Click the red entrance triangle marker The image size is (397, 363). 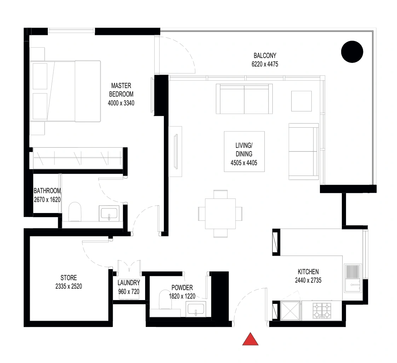click(250, 339)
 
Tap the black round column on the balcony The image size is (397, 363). click(352, 52)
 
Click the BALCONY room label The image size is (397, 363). click(265, 56)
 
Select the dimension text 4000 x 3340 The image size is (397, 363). click(121, 103)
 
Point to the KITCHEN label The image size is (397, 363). click(308, 272)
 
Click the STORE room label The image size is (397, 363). click(69, 278)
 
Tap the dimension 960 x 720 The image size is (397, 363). click(129, 292)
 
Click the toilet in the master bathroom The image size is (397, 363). click(75, 212)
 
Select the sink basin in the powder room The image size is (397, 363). click(196, 309)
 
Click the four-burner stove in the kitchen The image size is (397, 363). click(322, 311)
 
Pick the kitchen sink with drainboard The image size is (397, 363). click(353, 278)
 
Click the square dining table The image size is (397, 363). click(220, 214)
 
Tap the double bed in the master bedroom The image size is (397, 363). click(65, 91)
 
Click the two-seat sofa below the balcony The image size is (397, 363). click(244, 99)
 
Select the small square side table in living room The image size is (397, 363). click(301, 101)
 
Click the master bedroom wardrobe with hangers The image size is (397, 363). click(78, 158)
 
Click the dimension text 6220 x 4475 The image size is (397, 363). click(265, 64)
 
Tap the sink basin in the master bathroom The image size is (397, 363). click(109, 213)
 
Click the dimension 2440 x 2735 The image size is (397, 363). click(308, 281)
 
